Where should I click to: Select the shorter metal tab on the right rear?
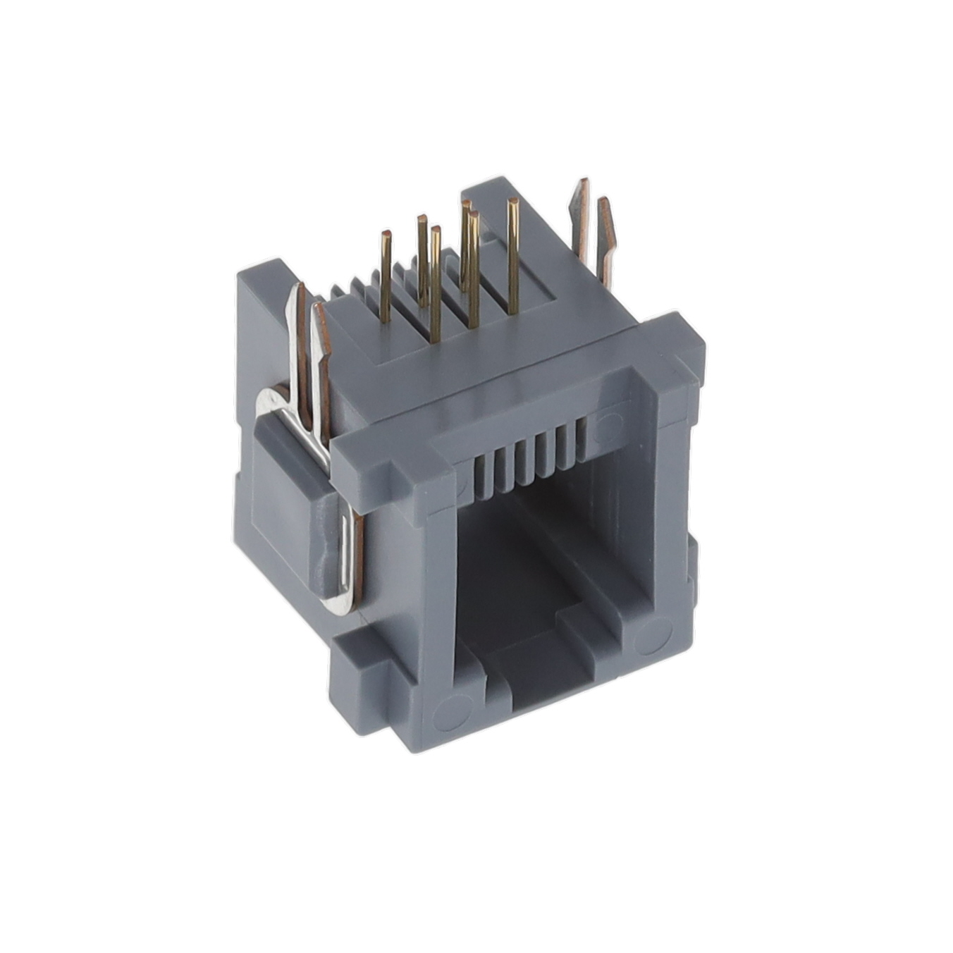605,240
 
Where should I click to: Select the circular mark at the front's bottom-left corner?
450,713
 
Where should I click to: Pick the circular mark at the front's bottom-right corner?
653,638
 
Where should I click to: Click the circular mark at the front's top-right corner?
607,427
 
